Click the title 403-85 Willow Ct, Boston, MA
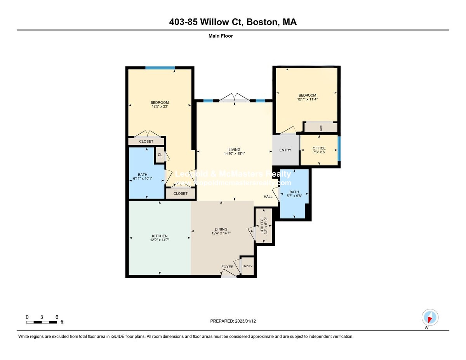pyautogui.click(x=233, y=22)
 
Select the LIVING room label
pyautogui.click(x=234, y=151)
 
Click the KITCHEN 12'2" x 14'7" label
pyautogui.click(x=160, y=238)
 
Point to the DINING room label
pyautogui.click(x=219, y=231)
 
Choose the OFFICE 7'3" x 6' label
pyautogui.click(x=319, y=150)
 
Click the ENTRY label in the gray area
pyautogui.click(x=285, y=150)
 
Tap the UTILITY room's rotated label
pyautogui.click(x=263, y=226)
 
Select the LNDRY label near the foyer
pyautogui.click(x=247, y=266)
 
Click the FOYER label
pyautogui.click(x=228, y=267)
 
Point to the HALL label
pyautogui.click(x=268, y=197)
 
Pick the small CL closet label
pyautogui.click(x=160, y=155)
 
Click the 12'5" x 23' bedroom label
pyautogui.click(x=160, y=104)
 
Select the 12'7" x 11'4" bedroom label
pyautogui.click(x=307, y=97)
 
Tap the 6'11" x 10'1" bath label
pyautogui.click(x=143, y=177)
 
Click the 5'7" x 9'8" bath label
pyautogui.click(x=294, y=194)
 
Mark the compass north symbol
pyautogui.click(x=429, y=318)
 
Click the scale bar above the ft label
pyautogui.click(x=42, y=322)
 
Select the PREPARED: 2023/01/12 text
pyautogui.click(x=233, y=321)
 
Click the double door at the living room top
pyautogui.click(x=235, y=98)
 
